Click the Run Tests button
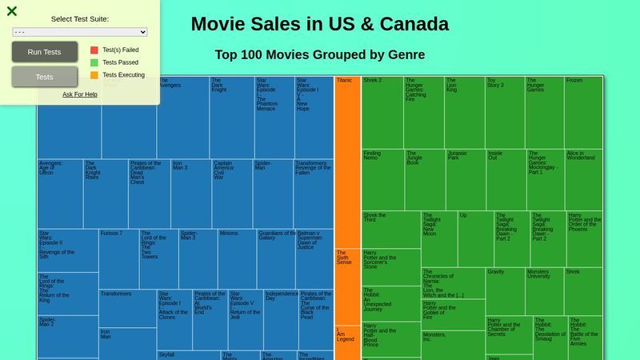[x=44, y=52]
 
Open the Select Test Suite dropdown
[x=80, y=32]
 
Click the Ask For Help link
[x=80, y=94]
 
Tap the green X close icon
[x=12, y=11]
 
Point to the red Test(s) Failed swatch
[x=94, y=50]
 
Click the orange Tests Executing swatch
[x=94, y=75]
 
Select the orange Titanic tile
[x=347, y=160]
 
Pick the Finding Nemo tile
[x=382, y=179]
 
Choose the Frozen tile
[x=583, y=112]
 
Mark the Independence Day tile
[x=281, y=320]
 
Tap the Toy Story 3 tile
[x=505, y=112]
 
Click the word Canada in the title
[x=414, y=24]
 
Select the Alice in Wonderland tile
[x=583, y=179]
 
